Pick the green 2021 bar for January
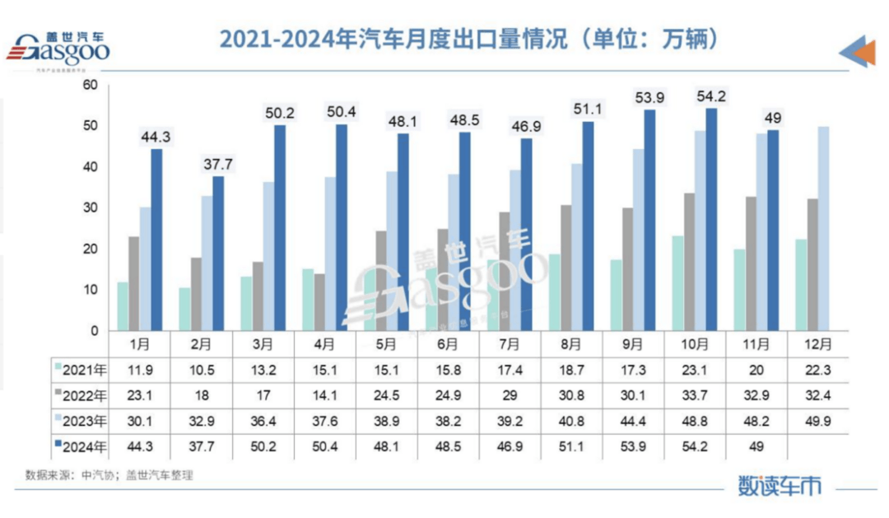[x=123, y=306]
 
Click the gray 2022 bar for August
[x=566, y=268]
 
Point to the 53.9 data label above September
[x=649, y=98]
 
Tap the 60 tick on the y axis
[x=91, y=85]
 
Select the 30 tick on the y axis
[x=91, y=208]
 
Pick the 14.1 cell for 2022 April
[x=324, y=394]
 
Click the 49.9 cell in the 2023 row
[x=817, y=422]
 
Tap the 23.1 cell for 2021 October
[x=695, y=366]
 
